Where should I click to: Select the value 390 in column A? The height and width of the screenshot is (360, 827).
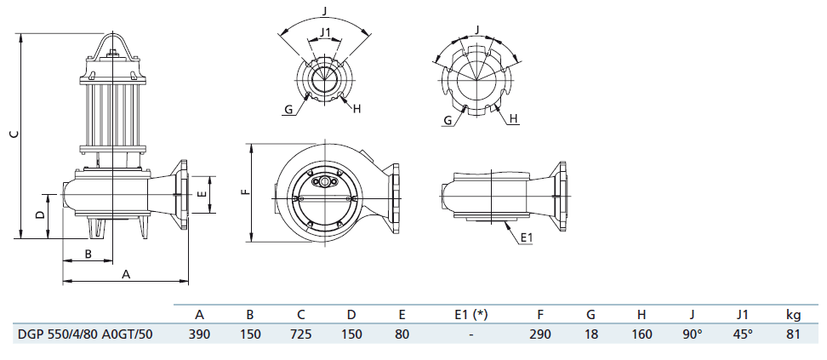click(x=199, y=334)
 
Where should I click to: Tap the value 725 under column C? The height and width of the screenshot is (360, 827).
click(x=300, y=334)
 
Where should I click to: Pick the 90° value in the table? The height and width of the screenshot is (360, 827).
click(x=692, y=334)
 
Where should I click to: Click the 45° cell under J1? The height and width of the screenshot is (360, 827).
click(x=742, y=334)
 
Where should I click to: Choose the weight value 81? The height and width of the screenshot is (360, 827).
click(x=793, y=334)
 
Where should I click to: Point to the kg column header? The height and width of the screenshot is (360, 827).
click(x=793, y=316)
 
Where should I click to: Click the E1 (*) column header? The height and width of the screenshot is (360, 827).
click(x=471, y=315)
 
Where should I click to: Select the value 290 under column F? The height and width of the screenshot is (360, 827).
click(x=540, y=334)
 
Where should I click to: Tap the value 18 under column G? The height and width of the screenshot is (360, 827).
click(x=590, y=334)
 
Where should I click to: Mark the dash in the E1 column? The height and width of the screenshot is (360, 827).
click(x=471, y=334)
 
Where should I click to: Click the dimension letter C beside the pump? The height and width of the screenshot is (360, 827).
click(x=15, y=134)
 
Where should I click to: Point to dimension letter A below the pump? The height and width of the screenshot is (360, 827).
click(x=126, y=274)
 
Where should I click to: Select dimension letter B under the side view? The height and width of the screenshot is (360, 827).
click(x=88, y=254)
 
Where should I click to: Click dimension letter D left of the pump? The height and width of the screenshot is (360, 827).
click(x=39, y=214)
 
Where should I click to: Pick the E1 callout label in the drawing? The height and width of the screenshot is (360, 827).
click(x=527, y=238)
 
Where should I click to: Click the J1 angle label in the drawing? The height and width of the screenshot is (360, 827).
click(x=325, y=32)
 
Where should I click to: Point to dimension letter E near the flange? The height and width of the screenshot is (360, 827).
click(x=201, y=194)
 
